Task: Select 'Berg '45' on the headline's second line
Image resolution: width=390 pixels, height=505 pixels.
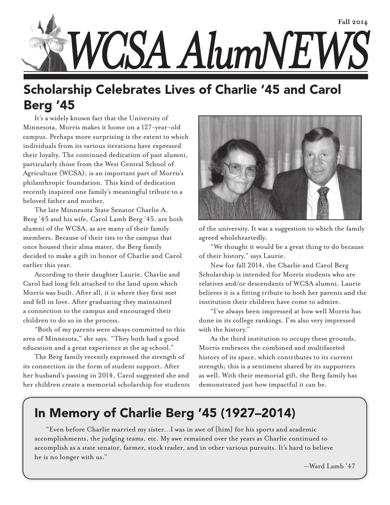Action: [x=49, y=105]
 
